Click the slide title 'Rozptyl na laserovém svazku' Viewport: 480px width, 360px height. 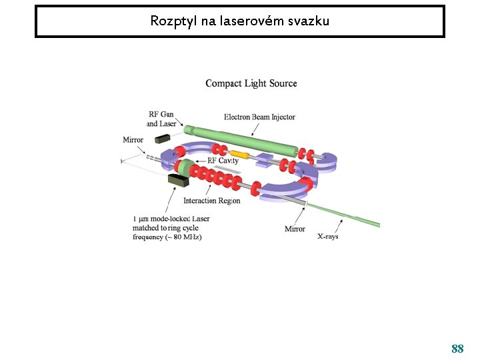pos(239,21)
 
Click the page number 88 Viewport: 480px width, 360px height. pos(457,349)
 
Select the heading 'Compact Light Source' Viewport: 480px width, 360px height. pos(251,83)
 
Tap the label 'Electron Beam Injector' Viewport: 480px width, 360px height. pos(259,117)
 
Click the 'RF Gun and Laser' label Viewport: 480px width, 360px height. pos(161,119)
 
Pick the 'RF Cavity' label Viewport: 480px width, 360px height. pos(223,161)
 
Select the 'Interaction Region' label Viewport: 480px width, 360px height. pos(211,201)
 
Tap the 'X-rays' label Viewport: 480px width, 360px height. pos(327,236)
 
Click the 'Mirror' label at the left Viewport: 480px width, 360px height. pos(133,140)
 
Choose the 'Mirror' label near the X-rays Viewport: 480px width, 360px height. pos(295,229)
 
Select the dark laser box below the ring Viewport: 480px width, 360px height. pos(178,180)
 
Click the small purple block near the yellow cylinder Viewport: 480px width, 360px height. pos(263,160)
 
